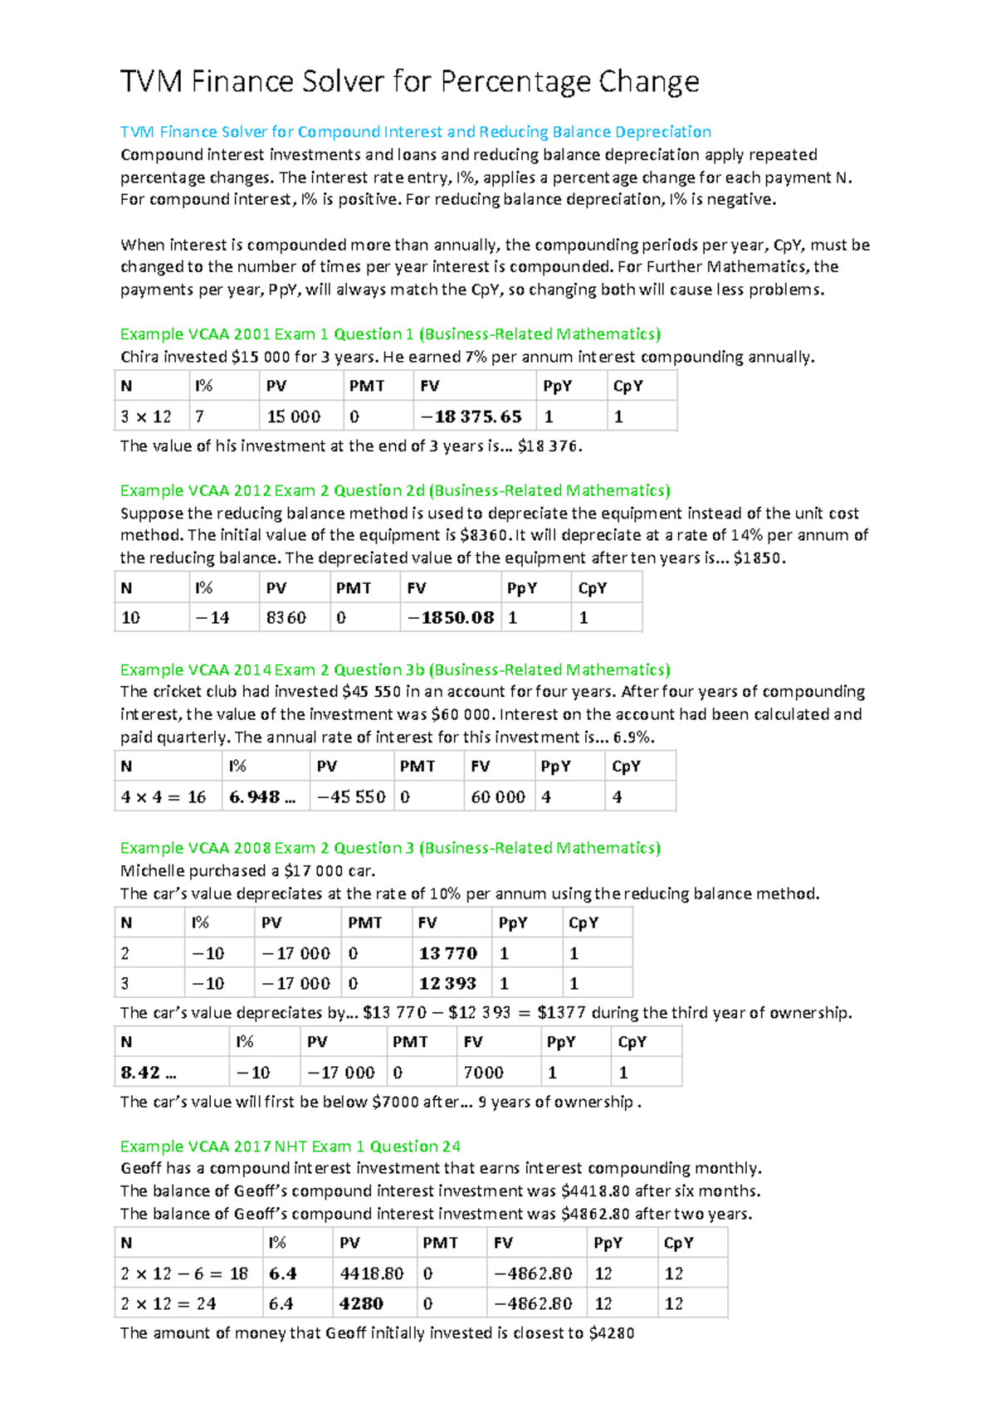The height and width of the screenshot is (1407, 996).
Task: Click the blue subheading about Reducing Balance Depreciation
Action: pyautogui.click(x=415, y=132)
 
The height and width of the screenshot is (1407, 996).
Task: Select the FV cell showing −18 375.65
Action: pyautogui.click(x=471, y=416)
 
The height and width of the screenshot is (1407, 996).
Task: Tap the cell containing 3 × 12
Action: pyautogui.click(x=146, y=416)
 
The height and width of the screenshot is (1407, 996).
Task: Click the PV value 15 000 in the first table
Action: pyautogui.click(x=293, y=416)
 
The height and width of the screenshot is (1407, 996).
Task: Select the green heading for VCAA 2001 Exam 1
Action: pyautogui.click(x=390, y=334)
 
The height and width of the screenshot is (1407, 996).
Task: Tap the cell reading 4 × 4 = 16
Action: pyautogui.click(x=164, y=797)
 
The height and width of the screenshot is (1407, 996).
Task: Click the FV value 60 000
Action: pyautogui.click(x=498, y=797)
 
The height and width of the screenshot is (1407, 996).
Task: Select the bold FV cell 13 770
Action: pyautogui.click(x=448, y=954)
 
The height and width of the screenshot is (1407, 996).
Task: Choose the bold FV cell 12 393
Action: pyautogui.click(x=447, y=984)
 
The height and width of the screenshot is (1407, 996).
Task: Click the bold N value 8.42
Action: pyautogui.click(x=149, y=1073)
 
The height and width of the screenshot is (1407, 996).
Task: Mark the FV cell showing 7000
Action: pyautogui.click(x=484, y=1073)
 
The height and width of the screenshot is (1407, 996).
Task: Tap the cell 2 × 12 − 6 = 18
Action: pyautogui.click(x=184, y=1274)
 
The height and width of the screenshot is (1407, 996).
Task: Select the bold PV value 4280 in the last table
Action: pyautogui.click(x=361, y=1304)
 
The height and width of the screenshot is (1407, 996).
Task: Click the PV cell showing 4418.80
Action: pyautogui.click(x=372, y=1274)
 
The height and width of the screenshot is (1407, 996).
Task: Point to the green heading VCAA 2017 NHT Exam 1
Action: pyautogui.click(x=290, y=1147)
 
